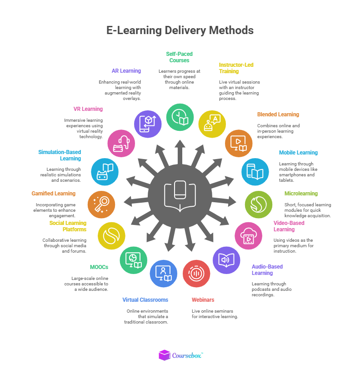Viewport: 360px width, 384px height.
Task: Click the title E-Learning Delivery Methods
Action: pyautogui.click(x=180, y=30)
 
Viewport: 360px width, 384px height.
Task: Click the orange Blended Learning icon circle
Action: pyautogui.click(x=239, y=143)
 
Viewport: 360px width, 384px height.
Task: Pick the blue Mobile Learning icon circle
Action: pyautogui.click(x=255, y=172)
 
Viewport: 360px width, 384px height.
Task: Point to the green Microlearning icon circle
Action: pyautogui.click(x=259, y=204)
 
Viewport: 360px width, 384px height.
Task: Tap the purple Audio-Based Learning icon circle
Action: pyautogui.click(x=226, y=260)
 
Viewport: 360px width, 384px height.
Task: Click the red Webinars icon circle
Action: pyautogui.click(x=196, y=273)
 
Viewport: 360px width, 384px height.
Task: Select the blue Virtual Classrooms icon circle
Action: pyautogui.click(x=164, y=274)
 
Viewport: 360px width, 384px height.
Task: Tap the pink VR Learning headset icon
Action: pyautogui.click(x=121, y=144)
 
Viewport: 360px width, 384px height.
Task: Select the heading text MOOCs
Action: pyautogui.click(x=99, y=267)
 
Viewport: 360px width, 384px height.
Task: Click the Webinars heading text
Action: pyautogui.click(x=203, y=300)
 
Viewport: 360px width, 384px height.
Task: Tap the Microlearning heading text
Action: pyautogui.click(x=301, y=194)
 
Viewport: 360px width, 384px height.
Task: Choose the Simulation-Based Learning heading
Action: pyautogui.click(x=60, y=155)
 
